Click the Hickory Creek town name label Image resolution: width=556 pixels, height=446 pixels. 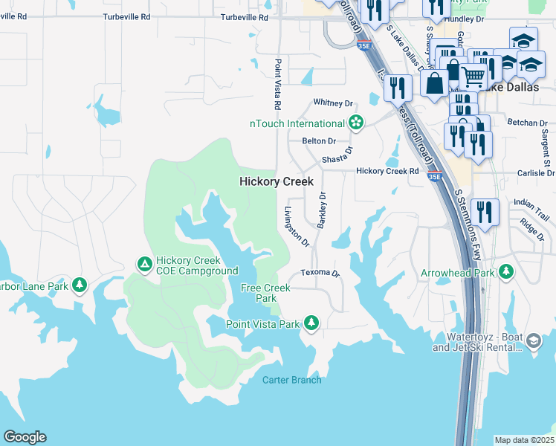tap(277, 181)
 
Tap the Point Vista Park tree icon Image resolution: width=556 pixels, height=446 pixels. tap(312, 323)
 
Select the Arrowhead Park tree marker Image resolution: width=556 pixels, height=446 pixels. tap(507, 272)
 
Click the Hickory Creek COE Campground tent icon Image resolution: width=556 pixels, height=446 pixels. tap(143, 264)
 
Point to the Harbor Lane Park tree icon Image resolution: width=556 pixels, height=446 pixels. tap(79, 285)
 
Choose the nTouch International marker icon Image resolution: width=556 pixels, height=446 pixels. tap(356, 123)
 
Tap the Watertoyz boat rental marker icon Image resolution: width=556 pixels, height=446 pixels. tap(533, 341)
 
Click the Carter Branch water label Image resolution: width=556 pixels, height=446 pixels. tap(292, 380)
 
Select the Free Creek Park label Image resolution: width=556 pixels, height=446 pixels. tap(266, 293)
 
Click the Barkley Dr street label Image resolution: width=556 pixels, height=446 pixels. tap(323, 210)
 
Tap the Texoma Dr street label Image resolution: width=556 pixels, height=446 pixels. tap(320, 273)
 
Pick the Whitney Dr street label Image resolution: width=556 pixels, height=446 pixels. tap(333, 103)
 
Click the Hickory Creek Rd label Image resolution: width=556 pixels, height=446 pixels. tap(387, 171)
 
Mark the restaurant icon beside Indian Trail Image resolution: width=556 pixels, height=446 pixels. tap(484, 212)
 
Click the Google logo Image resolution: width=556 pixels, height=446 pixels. tap(25, 437)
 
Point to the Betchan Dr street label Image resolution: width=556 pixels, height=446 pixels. tap(527, 123)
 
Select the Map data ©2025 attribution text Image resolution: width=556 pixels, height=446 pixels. tap(524, 440)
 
